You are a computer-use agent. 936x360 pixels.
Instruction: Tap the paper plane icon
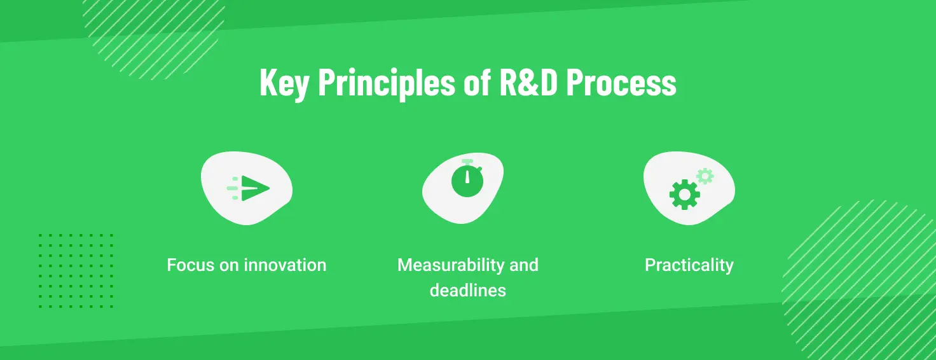click(x=255, y=188)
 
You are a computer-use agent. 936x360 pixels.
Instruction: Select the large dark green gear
click(x=684, y=195)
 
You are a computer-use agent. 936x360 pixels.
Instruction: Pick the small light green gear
click(x=705, y=176)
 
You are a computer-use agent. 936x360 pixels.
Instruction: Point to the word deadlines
click(x=468, y=291)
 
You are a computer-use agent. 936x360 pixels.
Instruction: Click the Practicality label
click(x=689, y=265)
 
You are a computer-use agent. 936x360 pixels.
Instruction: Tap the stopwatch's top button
click(x=467, y=162)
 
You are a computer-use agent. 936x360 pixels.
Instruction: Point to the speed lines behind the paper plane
click(x=233, y=188)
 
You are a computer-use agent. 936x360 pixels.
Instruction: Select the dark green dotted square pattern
click(x=76, y=270)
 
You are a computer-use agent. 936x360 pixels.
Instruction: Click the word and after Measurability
click(x=524, y=265)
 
